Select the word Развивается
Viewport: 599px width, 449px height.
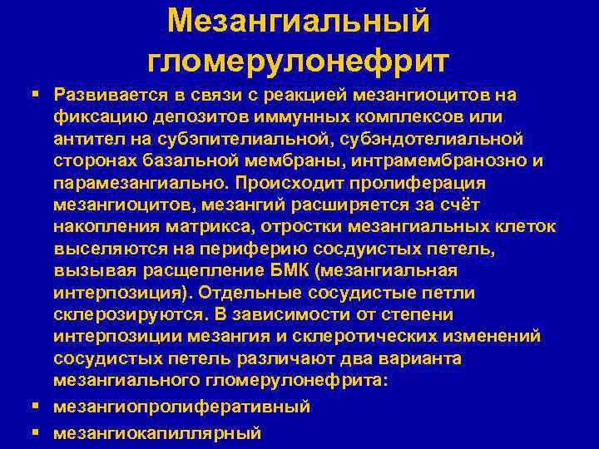pyautogui.click(x=108, y=94)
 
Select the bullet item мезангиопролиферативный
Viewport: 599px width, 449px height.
pyautogui.click(x=181, y=407)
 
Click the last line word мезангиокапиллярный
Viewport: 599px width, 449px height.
pyautogui.click(x=157, y=432)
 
